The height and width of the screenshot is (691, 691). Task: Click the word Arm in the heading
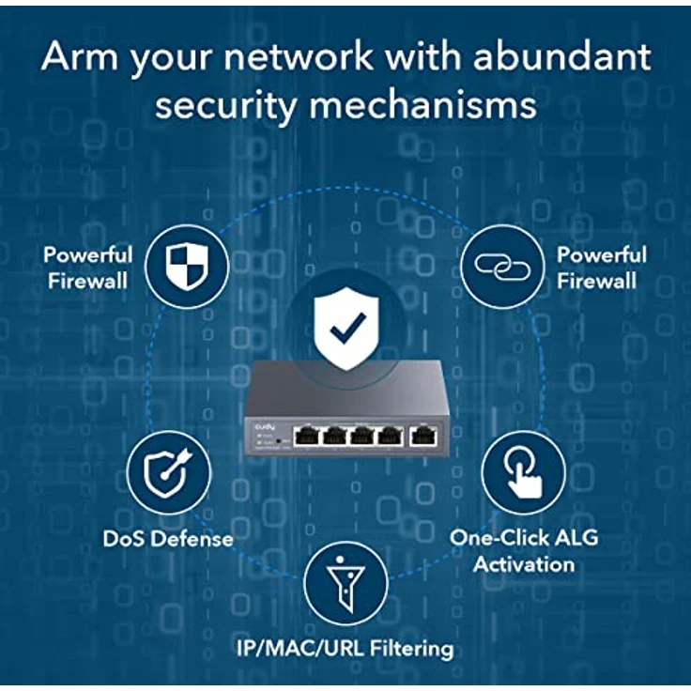(x=80, y=56)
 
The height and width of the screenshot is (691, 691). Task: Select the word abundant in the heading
(x=561, y=56)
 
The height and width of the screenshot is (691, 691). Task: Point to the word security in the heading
(x=224, y=106)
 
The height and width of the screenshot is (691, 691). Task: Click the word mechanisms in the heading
(x=422, y=105)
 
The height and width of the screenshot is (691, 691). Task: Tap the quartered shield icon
(x=187, y=267)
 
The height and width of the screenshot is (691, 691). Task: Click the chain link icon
(x=502, y=267)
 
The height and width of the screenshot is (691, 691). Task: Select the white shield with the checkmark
(x=346, y=328)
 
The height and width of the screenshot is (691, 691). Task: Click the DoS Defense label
(x=168, y=539)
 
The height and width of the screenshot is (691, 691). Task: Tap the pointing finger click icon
(x=523, y=472)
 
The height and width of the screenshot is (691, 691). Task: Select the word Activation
(x=524, y=564)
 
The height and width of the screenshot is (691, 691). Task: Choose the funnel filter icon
(x=345, y=584)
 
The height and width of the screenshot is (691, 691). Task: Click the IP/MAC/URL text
(x=300, y=648)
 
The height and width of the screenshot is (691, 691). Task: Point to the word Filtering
(x=411, y=649)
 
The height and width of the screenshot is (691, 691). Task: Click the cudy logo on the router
(x=265, y=426)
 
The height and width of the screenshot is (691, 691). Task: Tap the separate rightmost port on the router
(x=423, y=436)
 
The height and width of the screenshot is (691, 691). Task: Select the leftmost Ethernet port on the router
(x=307, y=436)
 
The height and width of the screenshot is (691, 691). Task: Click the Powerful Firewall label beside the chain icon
(x=601, y=268)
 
